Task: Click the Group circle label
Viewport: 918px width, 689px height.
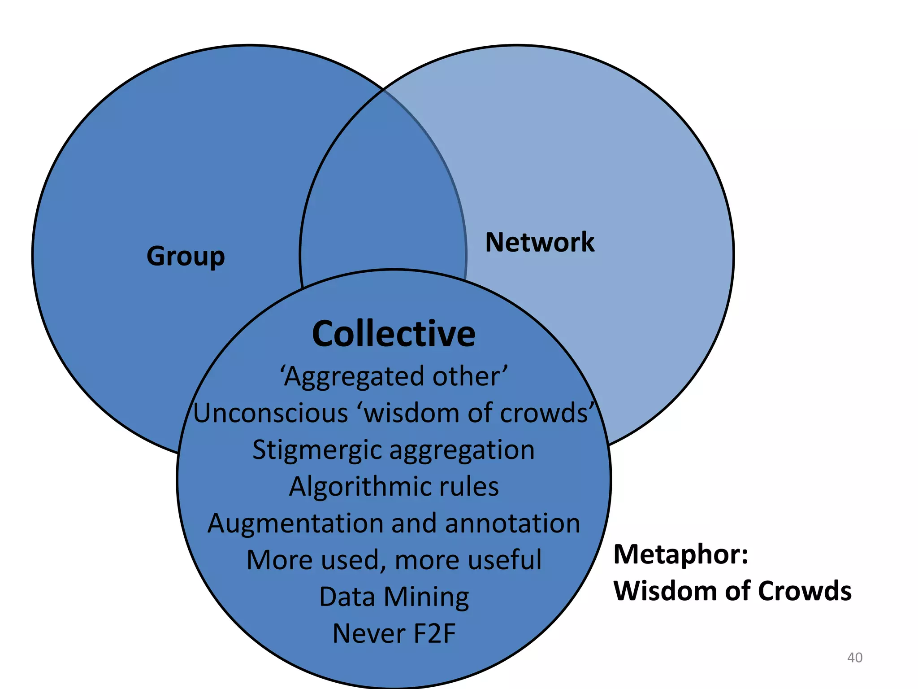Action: (186, 256)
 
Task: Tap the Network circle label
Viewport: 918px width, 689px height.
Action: (540, 242)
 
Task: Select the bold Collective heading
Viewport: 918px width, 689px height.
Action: (394, 334)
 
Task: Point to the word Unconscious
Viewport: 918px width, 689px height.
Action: (271, 413)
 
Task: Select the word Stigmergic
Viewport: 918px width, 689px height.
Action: (316, 450)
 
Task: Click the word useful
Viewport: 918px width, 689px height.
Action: (502, 560)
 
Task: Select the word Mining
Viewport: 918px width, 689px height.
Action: (426, 597)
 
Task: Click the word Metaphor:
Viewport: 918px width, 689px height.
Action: (680, 554)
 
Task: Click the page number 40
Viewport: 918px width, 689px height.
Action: (854, 658)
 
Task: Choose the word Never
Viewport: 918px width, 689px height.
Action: (368, 633)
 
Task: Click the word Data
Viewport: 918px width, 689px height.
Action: (347, 597)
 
